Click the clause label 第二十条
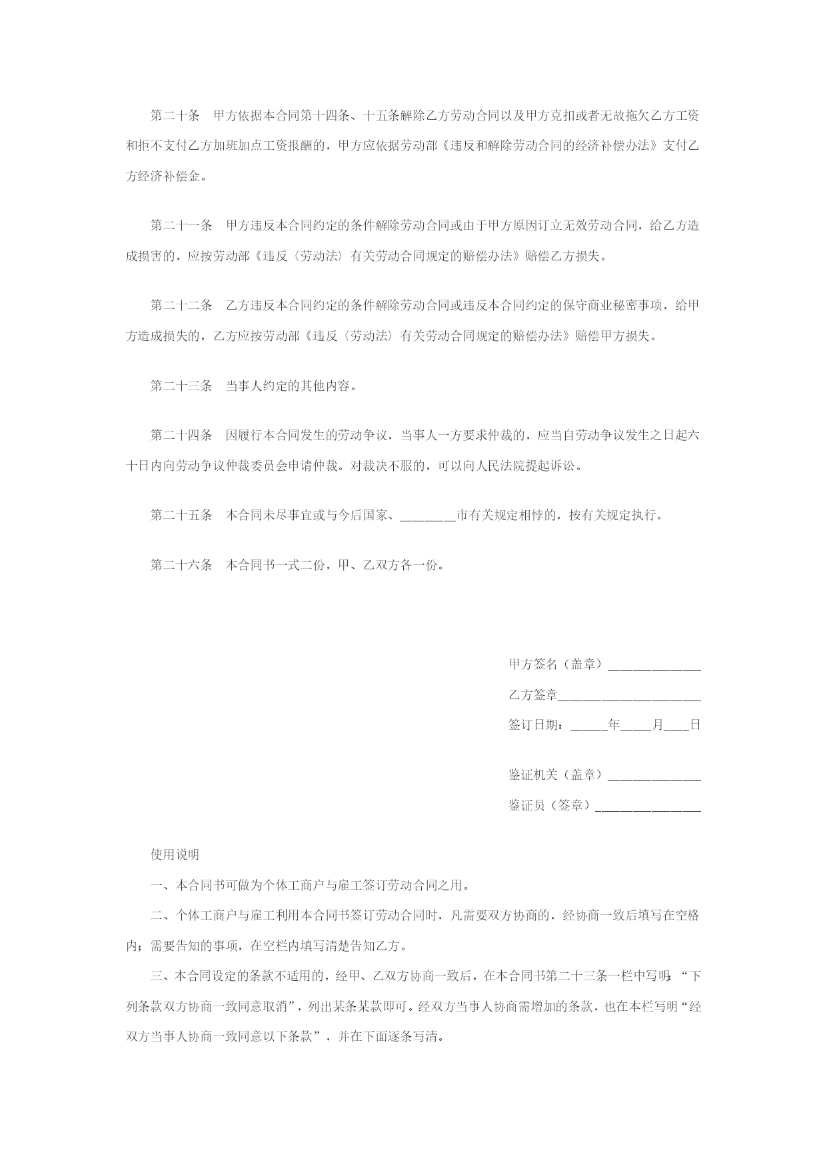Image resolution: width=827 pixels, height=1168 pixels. pyautogui.click(x=175, y=116)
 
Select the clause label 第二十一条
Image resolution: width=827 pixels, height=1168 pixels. pyautogui.click(x=181, y=226)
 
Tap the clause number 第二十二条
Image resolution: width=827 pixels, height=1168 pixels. pyautogui.click(x=181, y=306)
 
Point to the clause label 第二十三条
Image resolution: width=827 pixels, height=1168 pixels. pyautogui.click(x=181, y=386)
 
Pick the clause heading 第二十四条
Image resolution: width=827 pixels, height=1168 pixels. pyautogui.click(x=181, y=436)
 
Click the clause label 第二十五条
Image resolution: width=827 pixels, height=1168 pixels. pyautogui.click(x=181, y=515)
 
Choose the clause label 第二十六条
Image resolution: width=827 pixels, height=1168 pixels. pyautogui.click(x=181, y=565)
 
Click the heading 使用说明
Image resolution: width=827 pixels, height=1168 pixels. pyautogui.click(x=175, y=855)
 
